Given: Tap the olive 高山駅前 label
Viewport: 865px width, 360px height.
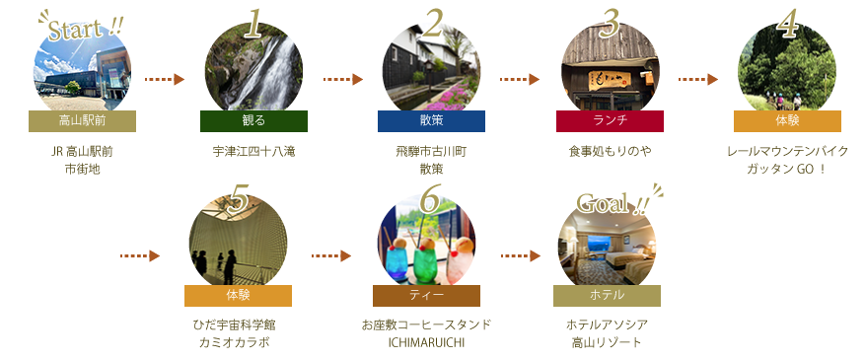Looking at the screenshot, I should click(x=82, y=121).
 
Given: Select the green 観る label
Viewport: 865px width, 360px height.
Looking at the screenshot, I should click(x=253, y=121).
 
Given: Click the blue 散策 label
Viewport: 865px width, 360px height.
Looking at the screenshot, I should click(x=431, y=121).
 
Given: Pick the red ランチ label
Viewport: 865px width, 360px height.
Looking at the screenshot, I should click(x=609, y=121).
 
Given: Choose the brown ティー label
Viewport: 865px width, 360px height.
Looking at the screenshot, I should click(x=426, y=296).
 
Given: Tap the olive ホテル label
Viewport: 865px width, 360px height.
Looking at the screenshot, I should click(x=607, y=296).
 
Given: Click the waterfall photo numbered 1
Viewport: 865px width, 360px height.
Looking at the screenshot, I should click(x=253, y=69).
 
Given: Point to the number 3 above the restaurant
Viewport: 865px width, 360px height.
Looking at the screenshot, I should click(x=611, y=23).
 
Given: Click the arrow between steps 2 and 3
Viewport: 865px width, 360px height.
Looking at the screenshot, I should click(x=521, y=78).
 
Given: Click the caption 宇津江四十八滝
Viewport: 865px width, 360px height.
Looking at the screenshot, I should click(x=253, y=153).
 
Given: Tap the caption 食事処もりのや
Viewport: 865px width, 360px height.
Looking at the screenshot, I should click(x=609, y=153).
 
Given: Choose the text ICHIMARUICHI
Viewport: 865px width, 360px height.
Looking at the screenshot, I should click(x=426, y=342).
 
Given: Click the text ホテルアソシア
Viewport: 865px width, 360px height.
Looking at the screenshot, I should click(x=607, y=325).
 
